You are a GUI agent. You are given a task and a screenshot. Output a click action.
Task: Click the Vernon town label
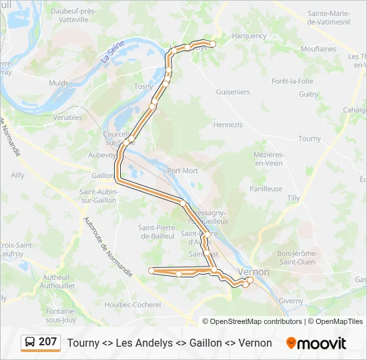click(x=254, y=272)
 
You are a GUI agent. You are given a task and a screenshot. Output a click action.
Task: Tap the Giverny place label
click(x=290, y=301)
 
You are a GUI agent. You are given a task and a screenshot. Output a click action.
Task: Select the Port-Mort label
click(x=183, y=171)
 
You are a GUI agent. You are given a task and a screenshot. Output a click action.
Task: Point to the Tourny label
click(x=310, y=139)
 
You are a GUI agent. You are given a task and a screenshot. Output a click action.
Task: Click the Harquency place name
click(x=249, y=36)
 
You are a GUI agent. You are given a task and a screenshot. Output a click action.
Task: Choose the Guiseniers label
click(x=233, y=92)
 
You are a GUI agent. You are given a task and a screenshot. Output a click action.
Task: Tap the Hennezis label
click(x=228, y=125)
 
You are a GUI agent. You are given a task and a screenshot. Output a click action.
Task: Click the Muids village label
click(x=59, y=83)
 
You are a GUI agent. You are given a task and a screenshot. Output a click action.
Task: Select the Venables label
click(x=67, y=117)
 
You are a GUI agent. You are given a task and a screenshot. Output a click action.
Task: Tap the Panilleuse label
click(x=266, y=189)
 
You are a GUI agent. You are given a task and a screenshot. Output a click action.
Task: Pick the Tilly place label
click(x=293, y=199)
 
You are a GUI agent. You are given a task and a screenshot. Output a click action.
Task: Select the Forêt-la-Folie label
click(x=292, y=81)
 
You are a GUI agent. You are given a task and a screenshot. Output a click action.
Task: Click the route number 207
click(x=48, y=342)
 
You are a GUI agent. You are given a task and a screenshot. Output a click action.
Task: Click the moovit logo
click(x=316, y=343)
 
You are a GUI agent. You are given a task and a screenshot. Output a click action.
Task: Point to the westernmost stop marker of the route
click(x=151, y=270)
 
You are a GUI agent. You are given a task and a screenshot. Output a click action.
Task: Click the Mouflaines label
click(x=318, y=49)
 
